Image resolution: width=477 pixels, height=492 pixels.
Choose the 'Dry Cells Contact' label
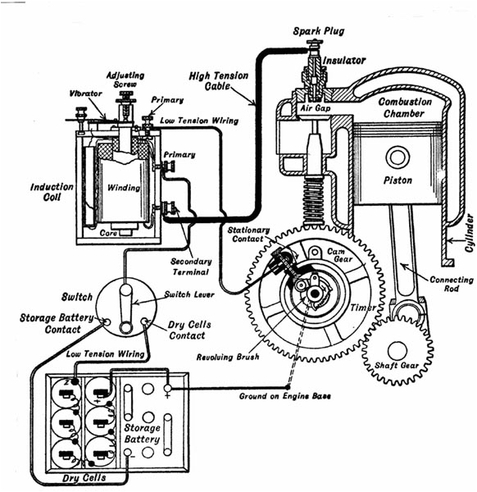(189, 330)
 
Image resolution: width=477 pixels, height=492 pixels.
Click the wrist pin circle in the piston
(398, 155)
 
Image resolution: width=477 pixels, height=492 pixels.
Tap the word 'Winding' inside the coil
(123, 188)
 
